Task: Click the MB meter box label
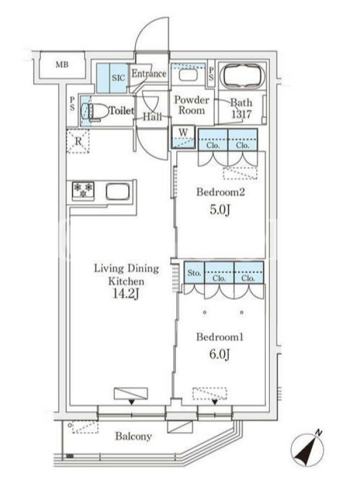point(62,65)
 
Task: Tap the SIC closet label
point(118,78)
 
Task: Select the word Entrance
point(149,73)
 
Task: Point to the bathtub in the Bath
point(242,76)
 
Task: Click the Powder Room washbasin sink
point(188,75)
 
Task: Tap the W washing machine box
point(183,137)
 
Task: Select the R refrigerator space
point(78,141)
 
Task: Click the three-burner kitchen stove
point(83,190)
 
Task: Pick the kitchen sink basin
point(118,191)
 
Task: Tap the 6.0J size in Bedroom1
point(220,354)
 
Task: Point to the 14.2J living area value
point(126,293)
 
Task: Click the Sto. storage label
point(194,273)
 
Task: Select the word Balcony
point(133,436)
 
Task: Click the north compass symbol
point(307,449)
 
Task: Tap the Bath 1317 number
point(241,114)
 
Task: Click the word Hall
point(152,116)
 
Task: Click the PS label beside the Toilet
point(72,103)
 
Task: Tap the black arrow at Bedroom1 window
point(215,402)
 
